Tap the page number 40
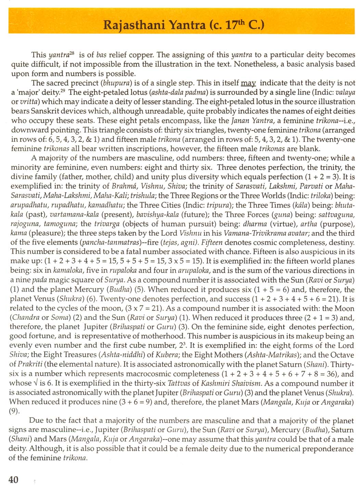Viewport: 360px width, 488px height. click(13, 479)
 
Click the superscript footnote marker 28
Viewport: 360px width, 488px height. click(72, 53)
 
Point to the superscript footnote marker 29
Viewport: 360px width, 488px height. click(63, 91)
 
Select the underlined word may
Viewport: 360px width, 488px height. click(248, 83)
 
